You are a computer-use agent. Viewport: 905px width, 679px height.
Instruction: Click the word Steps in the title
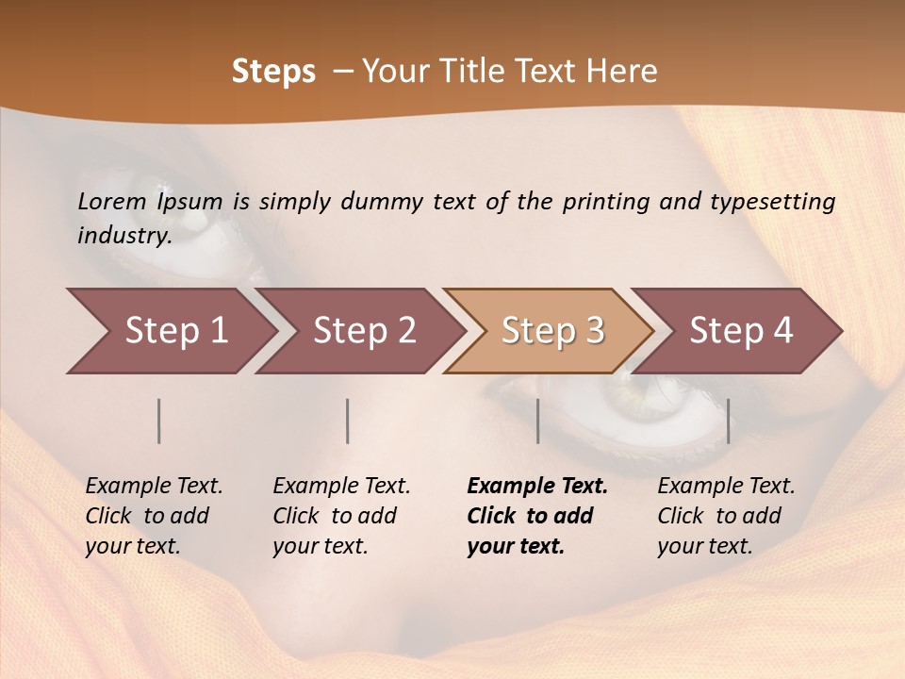273,72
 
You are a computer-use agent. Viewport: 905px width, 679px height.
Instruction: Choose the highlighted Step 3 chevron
552,331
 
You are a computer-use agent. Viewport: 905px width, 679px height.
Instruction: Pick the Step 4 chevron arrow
741,331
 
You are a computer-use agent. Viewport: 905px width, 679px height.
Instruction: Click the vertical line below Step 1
159,421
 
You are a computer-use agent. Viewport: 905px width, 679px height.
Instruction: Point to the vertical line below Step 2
348,421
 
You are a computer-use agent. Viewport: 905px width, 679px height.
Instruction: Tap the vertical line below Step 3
538,421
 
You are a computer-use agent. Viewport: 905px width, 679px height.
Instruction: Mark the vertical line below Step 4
729,421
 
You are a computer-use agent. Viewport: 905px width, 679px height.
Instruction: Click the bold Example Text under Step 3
537,487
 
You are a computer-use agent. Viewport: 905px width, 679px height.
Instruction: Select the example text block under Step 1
154,516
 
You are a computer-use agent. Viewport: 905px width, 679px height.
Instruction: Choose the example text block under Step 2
341,516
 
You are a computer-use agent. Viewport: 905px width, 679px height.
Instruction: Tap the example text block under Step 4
726,516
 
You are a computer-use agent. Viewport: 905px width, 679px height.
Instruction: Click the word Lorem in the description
112,201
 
